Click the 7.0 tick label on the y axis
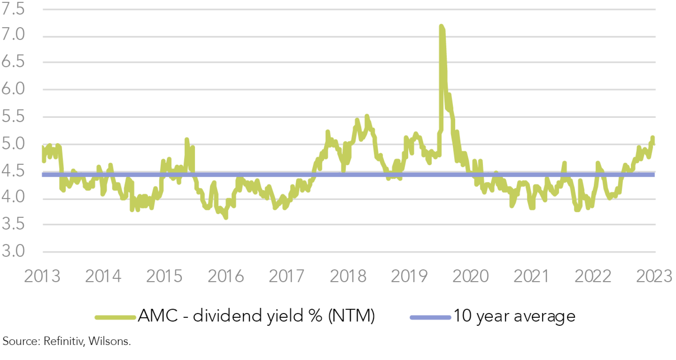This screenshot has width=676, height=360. point(13,35)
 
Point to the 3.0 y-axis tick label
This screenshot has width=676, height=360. point(13,251)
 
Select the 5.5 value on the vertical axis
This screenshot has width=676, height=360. point(13,117)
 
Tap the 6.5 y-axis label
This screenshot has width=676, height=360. point(13,62)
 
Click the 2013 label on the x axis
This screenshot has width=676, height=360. point(42,277)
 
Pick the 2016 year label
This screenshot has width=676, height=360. point(226,277)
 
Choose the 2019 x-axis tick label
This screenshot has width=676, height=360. point(409,277)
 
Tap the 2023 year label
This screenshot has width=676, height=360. point(654,277)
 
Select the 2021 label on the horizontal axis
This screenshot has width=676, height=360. point(531,277)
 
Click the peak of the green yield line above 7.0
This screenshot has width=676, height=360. point(441,26)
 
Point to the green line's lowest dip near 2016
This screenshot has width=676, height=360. point(226,217)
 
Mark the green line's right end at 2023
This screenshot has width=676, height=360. point(654,143)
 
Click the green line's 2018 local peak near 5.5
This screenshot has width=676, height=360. point(367,116)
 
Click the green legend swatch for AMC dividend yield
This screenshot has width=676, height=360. point(115,318)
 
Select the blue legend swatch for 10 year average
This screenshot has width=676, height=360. point(430,318)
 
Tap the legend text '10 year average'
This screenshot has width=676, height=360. point(514,316)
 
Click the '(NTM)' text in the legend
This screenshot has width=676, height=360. point(352,316)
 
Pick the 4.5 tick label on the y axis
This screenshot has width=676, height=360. point(13,171)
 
